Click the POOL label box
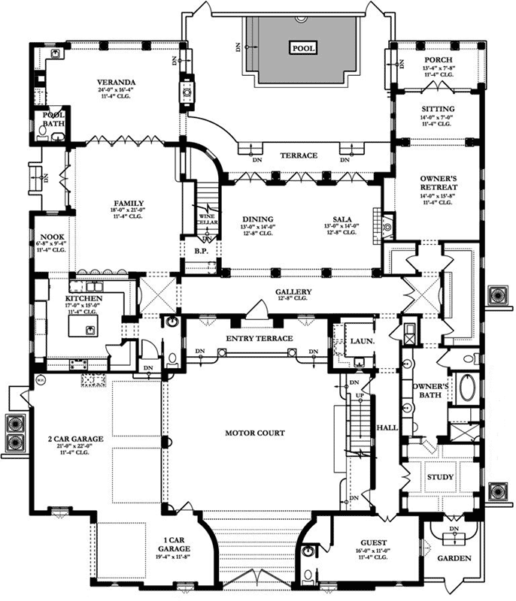(x=303, y=48)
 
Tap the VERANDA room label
(x=115, y=82)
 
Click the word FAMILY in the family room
(x=124, y=204)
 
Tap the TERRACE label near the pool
(x=299, y=156)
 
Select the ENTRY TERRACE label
(x=259, y=340)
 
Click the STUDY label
(x=440, y=477)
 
